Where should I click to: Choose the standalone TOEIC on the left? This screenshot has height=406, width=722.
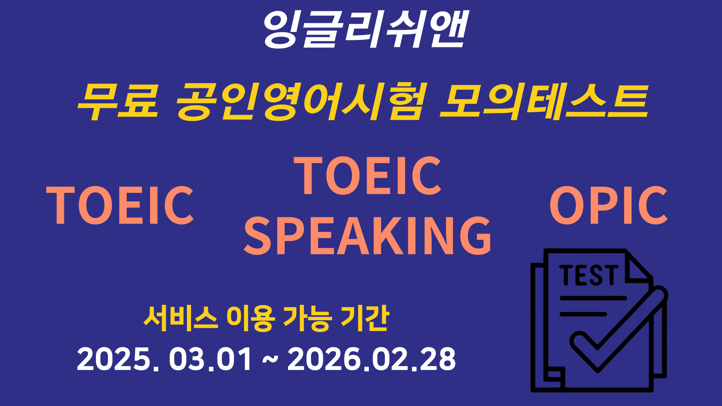(120, 205)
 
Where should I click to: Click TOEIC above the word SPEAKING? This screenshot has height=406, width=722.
(368, 176)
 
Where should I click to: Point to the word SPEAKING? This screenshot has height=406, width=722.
(368, 236)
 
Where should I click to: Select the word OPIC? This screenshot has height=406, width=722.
(608, 205)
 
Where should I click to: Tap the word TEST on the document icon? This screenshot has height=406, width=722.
(589, 276)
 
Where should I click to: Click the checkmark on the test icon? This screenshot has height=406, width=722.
(617, 331)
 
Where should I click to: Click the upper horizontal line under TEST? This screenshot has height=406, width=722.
(593, 298)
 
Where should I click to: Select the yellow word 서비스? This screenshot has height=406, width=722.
(180, 319)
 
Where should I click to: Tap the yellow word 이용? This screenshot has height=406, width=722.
(249, 319)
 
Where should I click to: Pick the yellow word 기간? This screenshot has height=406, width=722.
(364, 319)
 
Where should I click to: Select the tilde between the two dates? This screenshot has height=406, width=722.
(270, 359)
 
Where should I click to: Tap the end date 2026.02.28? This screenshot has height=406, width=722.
(372, 359)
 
